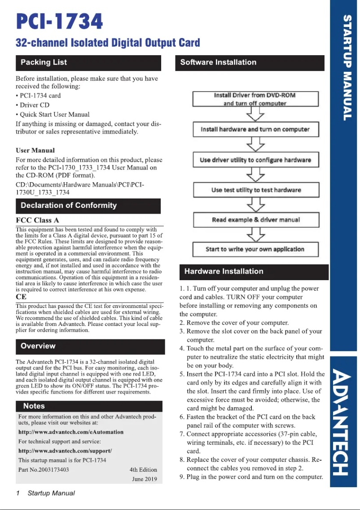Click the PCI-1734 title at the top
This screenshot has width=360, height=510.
coord(59,21)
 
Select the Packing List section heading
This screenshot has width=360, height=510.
coord(44,62)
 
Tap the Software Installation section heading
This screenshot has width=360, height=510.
coord(218,62)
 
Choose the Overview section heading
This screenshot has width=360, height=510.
coord(38,346)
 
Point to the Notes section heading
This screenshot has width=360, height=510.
coord(34,406)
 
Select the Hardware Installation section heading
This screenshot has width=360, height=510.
coord(224,272)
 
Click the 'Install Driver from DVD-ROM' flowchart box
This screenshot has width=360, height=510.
coord(255,99)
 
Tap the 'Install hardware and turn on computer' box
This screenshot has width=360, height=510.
coord(255,129)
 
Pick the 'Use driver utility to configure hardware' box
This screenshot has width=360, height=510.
coord(255,160)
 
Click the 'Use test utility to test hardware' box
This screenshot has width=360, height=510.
coord(256,190)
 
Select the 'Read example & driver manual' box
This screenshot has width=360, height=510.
coord(256,220)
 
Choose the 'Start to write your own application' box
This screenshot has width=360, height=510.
coord(255,249)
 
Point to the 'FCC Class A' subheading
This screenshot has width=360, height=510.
coord(38,220)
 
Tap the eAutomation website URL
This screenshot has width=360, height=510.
coord(70,432)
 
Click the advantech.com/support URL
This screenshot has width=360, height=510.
coord(65,450)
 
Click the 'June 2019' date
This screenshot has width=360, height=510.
coord(145,479)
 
